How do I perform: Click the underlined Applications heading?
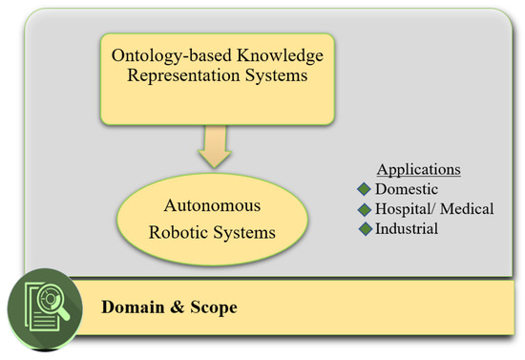click(x=419, y=170)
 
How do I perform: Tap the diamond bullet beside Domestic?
click(x=364, y=190)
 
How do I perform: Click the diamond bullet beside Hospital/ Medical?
click(x=364, y=209)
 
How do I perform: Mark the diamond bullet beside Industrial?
click(x=364, y=229)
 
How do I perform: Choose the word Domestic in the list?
click(x=405, y=190)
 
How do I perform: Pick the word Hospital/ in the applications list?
click(x=406, y=209)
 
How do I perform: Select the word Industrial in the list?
click(x=407, y=229)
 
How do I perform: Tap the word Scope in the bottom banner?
click(x=211, y=309)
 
